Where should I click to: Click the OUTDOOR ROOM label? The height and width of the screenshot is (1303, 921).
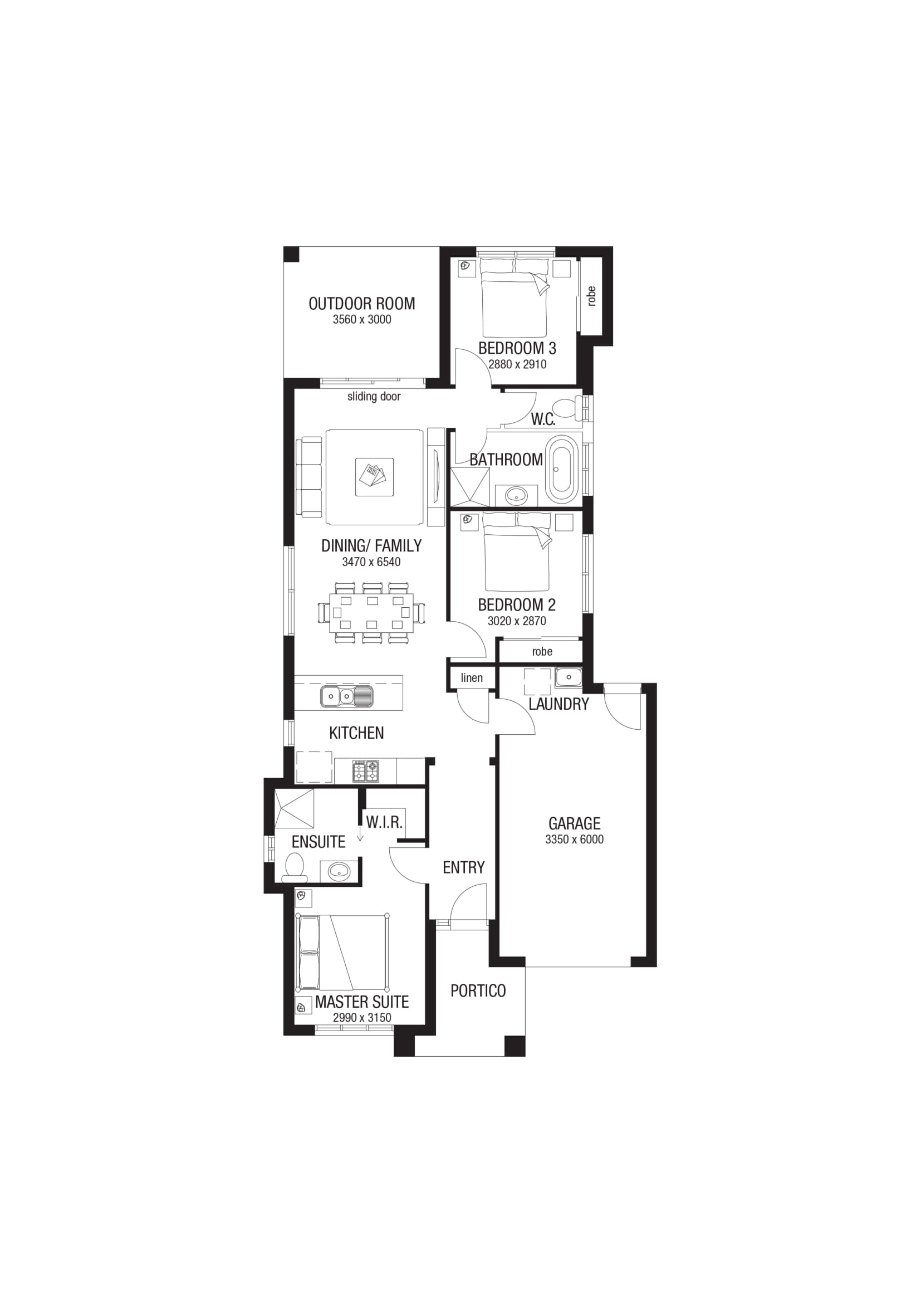click(x=362, y=304)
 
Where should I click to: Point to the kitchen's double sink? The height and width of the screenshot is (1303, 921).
click(x=346, y=696)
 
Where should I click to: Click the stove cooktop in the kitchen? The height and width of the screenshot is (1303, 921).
click(x=366, y=770)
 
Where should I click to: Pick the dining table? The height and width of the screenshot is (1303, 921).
click(x=371, y=613)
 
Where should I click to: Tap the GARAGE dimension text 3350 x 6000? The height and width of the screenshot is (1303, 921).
click(x=575, y=840)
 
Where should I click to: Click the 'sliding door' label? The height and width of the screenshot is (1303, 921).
click(x=374, y=397)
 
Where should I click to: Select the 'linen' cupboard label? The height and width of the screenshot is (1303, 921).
click(x=472, y=677)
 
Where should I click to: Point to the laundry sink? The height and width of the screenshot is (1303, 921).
click(x=569, y=676)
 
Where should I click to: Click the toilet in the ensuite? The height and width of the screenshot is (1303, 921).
click(x=295, y=868)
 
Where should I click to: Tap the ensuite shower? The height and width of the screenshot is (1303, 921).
click(x=294, y=809)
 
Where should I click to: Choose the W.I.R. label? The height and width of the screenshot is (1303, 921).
click(x=384, y=822)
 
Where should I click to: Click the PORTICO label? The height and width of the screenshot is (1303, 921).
click(x=478, y=991)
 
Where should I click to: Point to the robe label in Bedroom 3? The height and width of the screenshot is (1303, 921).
click(x=591, y=296)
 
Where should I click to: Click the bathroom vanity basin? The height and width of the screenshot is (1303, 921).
click(x=517, y=495)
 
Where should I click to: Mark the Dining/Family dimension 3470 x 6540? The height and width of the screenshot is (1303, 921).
click(x=371, y=562)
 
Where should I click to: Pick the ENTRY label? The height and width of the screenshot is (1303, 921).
click(x=464, y=867)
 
